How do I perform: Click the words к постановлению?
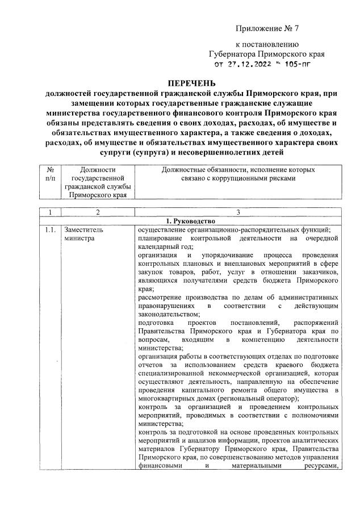click(266, 44)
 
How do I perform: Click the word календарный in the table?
click(158, 247)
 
